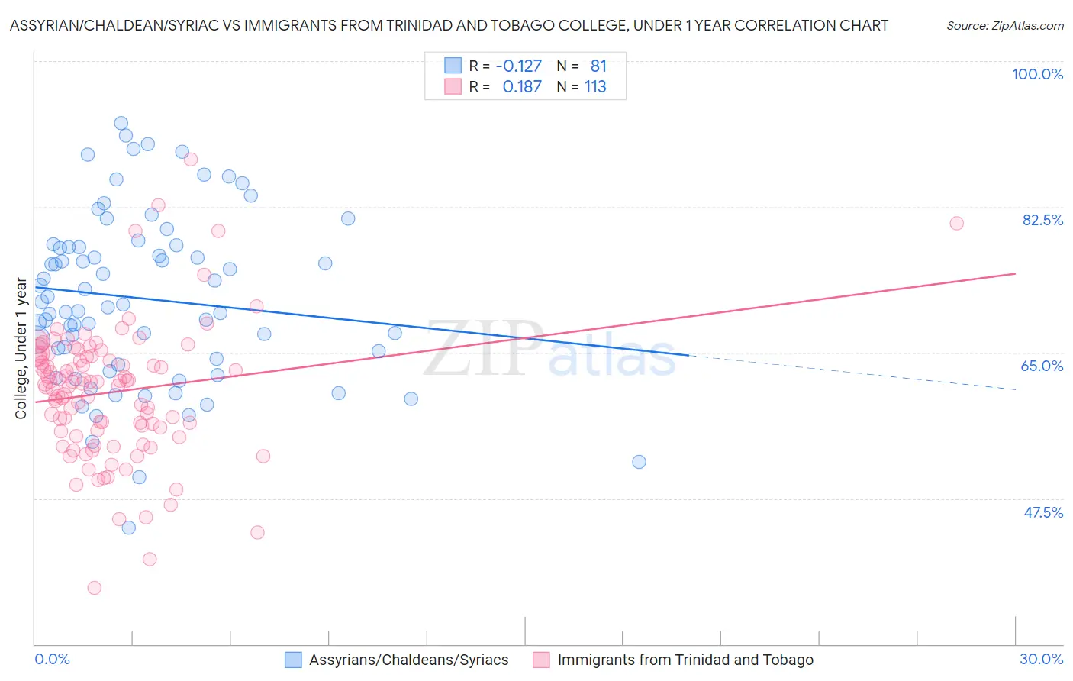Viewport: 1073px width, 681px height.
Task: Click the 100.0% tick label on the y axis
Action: tap(1037, 74)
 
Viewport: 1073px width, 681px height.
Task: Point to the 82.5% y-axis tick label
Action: tap(1042, 220)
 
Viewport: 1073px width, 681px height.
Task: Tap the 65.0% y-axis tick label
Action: tap(1042, 366)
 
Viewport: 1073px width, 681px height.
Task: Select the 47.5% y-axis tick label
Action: tap(1043, 512)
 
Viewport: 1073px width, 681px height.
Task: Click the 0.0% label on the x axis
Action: tap(52, 659)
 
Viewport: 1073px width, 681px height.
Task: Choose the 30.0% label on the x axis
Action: tap(1041, 659)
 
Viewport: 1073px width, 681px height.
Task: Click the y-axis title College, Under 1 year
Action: tap(21, 349)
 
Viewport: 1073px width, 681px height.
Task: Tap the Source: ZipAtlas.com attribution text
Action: tap(1004, 25)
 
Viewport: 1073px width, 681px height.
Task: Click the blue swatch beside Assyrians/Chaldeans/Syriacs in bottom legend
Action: tap(294, 660)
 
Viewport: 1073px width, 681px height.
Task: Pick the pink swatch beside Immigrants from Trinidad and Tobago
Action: tap(542, 660)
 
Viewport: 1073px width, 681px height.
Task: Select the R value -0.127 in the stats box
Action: tap(518, 66)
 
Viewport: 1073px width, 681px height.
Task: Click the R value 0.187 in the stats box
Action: tap(522, 86)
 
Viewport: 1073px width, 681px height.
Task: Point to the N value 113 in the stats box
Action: tap(595, 86)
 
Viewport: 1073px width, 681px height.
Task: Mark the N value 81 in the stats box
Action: tap(598, 66)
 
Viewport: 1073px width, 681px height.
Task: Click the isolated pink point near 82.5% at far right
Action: tap(956, 223)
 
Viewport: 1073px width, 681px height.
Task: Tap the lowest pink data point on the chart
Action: tap(95, 588)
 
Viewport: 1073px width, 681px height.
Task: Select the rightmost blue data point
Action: tap(639, 462)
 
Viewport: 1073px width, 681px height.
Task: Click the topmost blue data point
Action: tap(121, 123)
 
